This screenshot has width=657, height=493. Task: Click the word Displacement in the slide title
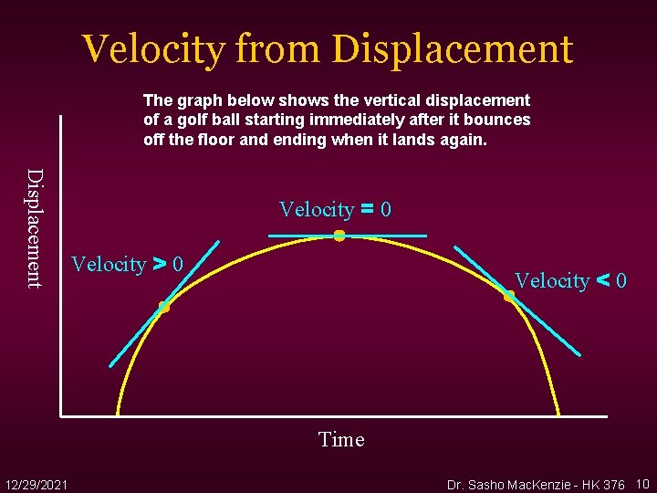[453, 49]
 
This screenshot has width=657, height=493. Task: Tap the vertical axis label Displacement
[34, 228]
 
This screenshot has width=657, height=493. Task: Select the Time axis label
[341, 440]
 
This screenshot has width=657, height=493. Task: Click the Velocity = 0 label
[335, 210]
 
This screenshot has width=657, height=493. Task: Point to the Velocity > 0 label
[127, 265]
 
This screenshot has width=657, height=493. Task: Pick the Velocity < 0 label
[570, 281]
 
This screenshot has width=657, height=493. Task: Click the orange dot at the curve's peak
[339, 236]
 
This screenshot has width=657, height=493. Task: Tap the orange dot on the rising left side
[163, 307]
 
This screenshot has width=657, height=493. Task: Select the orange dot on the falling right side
[509, 296]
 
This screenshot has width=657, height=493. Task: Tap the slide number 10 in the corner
[642, 483]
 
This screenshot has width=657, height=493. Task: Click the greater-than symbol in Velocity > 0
[159, 265]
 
